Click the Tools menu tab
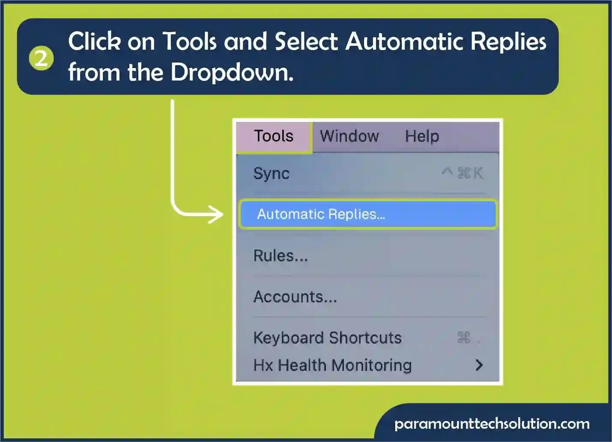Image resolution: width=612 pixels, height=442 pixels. [x=274, y=137]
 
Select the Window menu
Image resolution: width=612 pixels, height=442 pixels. [x=349, y=136]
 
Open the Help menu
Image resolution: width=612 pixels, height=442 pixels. [x=422, y=136]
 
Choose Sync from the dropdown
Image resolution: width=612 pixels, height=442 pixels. [x=271, y=173]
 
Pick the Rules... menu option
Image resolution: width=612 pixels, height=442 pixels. [x=281, y=256]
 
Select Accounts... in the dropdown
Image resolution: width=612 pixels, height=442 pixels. [x=296, y=297]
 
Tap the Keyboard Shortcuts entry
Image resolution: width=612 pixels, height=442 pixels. [x=328, y=338]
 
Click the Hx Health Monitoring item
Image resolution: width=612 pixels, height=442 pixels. [x=332, y=365]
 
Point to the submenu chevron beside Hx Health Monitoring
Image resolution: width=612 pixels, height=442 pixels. [x=479, y=365]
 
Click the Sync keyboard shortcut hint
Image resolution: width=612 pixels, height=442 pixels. [x=463, y=173]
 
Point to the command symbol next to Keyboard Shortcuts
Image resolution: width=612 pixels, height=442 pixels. [x=464, y=337]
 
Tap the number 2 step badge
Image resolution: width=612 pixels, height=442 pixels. [x=41, y=58]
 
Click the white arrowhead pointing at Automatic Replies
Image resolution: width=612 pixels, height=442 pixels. [x=216, y=215]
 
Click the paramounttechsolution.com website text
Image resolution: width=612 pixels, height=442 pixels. [x=492, y=424]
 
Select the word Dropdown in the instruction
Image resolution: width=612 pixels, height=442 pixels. [x=232, y=73]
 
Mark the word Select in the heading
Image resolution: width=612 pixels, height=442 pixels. [x=307, y=41]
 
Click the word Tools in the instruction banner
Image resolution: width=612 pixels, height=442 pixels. [x=191, y=41]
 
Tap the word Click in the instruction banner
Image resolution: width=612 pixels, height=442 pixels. [x=95, y=41]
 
